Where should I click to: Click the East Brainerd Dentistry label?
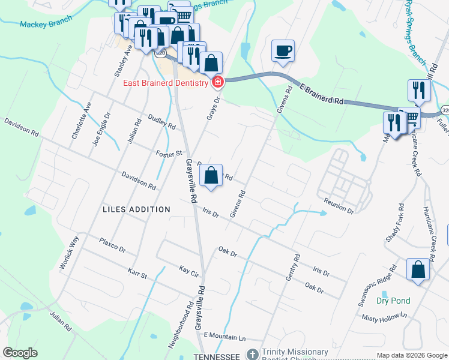[x=165, y=83]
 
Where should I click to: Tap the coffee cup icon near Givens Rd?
[x=283, y=51]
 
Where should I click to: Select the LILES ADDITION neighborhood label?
[x=136, y=209]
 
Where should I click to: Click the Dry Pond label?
[x=393, y=301]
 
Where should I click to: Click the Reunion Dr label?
[x=338, y=206]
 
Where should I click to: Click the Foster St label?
[x=169, y=154]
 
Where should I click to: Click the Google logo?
[x=20, y=353]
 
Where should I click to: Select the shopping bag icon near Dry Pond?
[x=418, y=270]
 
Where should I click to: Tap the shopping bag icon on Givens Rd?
[x=211, y=176]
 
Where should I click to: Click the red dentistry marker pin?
[x=217, y=82]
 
